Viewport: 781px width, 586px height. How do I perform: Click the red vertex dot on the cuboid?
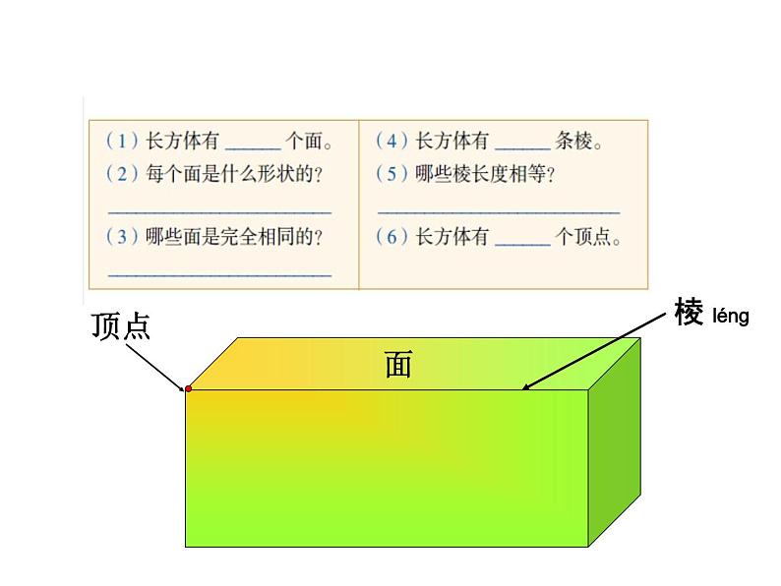pos(188,389)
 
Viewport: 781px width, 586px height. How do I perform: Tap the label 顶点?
pos(121,326)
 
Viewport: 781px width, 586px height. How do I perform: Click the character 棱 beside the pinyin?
pos(689,313)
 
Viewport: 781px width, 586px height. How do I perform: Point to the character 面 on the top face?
pos(398,365)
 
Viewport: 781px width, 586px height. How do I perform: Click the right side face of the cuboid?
pos(615,442)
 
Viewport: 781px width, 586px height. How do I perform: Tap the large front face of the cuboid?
pos(386,467)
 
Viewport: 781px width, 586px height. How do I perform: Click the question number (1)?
pos(122,142)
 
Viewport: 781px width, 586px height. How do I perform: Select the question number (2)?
pos(122,174)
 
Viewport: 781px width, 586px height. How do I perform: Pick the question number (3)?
pos(122,237)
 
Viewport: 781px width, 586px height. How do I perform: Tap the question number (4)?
pos(392,142)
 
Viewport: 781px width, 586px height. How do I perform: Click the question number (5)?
pos(392,174)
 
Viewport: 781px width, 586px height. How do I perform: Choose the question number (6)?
pos(392,237)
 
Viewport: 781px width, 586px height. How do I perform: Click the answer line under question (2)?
pos(219,211)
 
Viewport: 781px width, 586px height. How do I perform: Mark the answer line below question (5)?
pos(499,211)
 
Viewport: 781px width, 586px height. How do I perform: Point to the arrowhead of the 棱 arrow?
pos(526,387)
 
